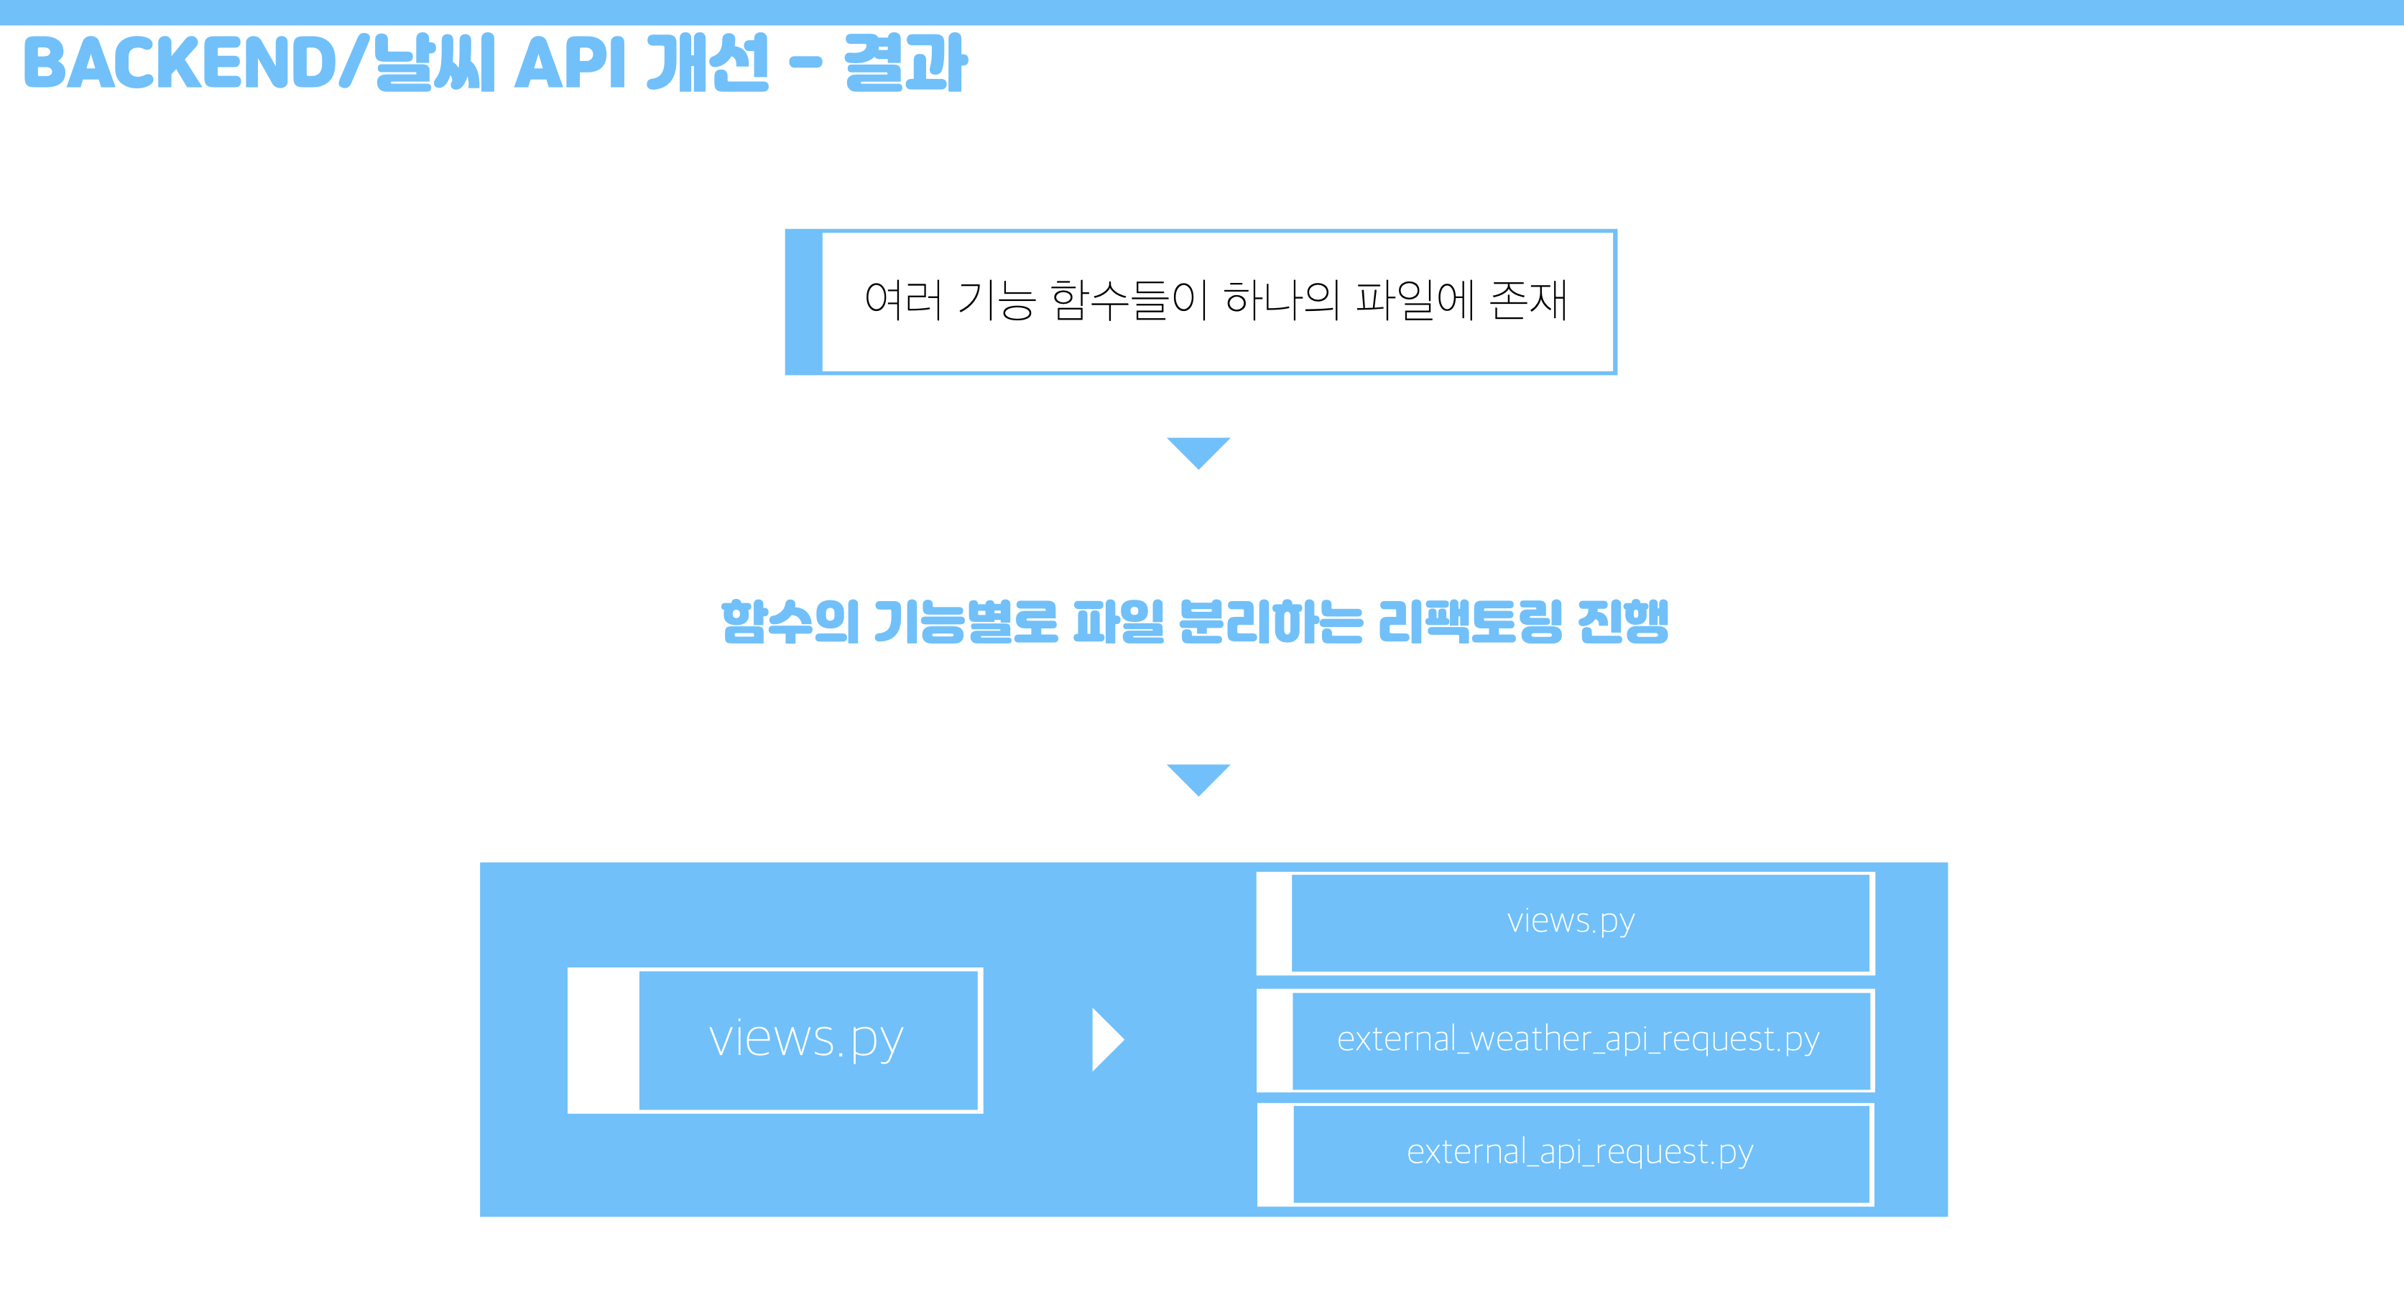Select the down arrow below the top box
1198,452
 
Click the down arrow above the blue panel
1198,778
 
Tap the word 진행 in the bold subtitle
1623,623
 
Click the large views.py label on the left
806,1038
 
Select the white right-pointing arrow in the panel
1107,1039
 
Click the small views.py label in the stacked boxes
1571,922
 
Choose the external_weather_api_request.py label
1578,1039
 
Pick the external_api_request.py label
1580,1153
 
